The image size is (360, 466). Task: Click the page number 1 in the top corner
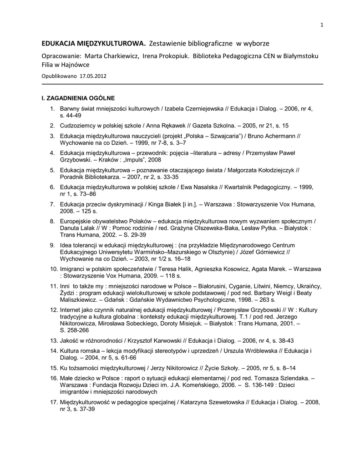322,25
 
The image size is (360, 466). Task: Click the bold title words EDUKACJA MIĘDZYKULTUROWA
94,44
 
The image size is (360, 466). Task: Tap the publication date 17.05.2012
93,76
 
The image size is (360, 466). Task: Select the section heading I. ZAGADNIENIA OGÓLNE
78,98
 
